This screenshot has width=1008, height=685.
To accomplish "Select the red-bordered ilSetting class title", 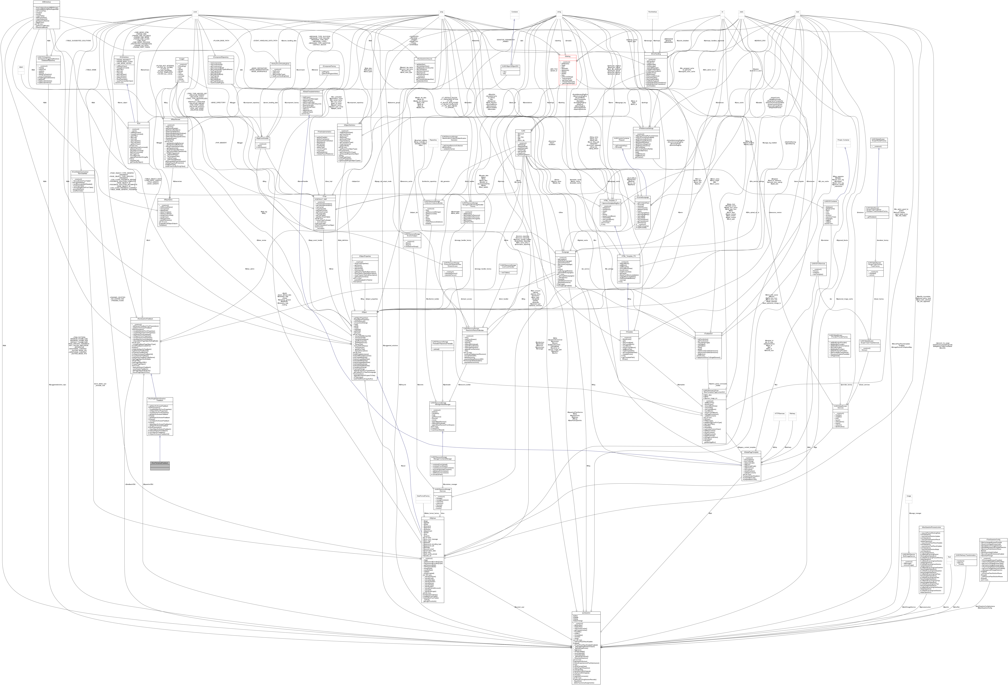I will [567, 56].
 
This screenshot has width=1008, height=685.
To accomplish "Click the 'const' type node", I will [195, 12].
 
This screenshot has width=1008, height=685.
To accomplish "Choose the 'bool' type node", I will [797, 12].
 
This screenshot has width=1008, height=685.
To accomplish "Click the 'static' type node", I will [742, 12].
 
